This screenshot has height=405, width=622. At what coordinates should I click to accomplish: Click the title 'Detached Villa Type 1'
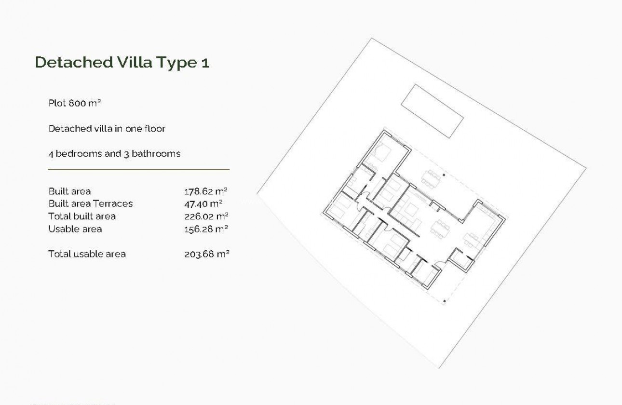tap(122, 63)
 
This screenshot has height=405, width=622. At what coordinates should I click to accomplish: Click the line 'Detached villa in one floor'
tap(107, 129)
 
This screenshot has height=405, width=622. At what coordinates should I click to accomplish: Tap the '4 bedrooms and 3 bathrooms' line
tap(114, 154)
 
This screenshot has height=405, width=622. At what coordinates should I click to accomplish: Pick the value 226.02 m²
tap(206, 216)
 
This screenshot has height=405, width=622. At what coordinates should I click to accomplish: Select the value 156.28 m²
tap(206, 229)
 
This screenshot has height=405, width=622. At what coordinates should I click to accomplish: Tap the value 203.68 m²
tap(206, 254)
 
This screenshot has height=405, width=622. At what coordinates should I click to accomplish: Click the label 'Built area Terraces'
tap(90, 204)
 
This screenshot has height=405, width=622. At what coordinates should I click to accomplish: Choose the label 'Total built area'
tap(82, 216)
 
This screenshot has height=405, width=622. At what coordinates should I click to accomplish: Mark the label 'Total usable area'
tap(87, 254)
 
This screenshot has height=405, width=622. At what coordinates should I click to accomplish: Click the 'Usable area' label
tap(75, 229)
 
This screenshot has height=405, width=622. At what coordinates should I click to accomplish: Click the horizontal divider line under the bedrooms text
tap(138, 170)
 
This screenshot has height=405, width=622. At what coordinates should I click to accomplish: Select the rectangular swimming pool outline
tap(433, 110)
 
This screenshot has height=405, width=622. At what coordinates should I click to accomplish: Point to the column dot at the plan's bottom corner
tap(444, 301)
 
